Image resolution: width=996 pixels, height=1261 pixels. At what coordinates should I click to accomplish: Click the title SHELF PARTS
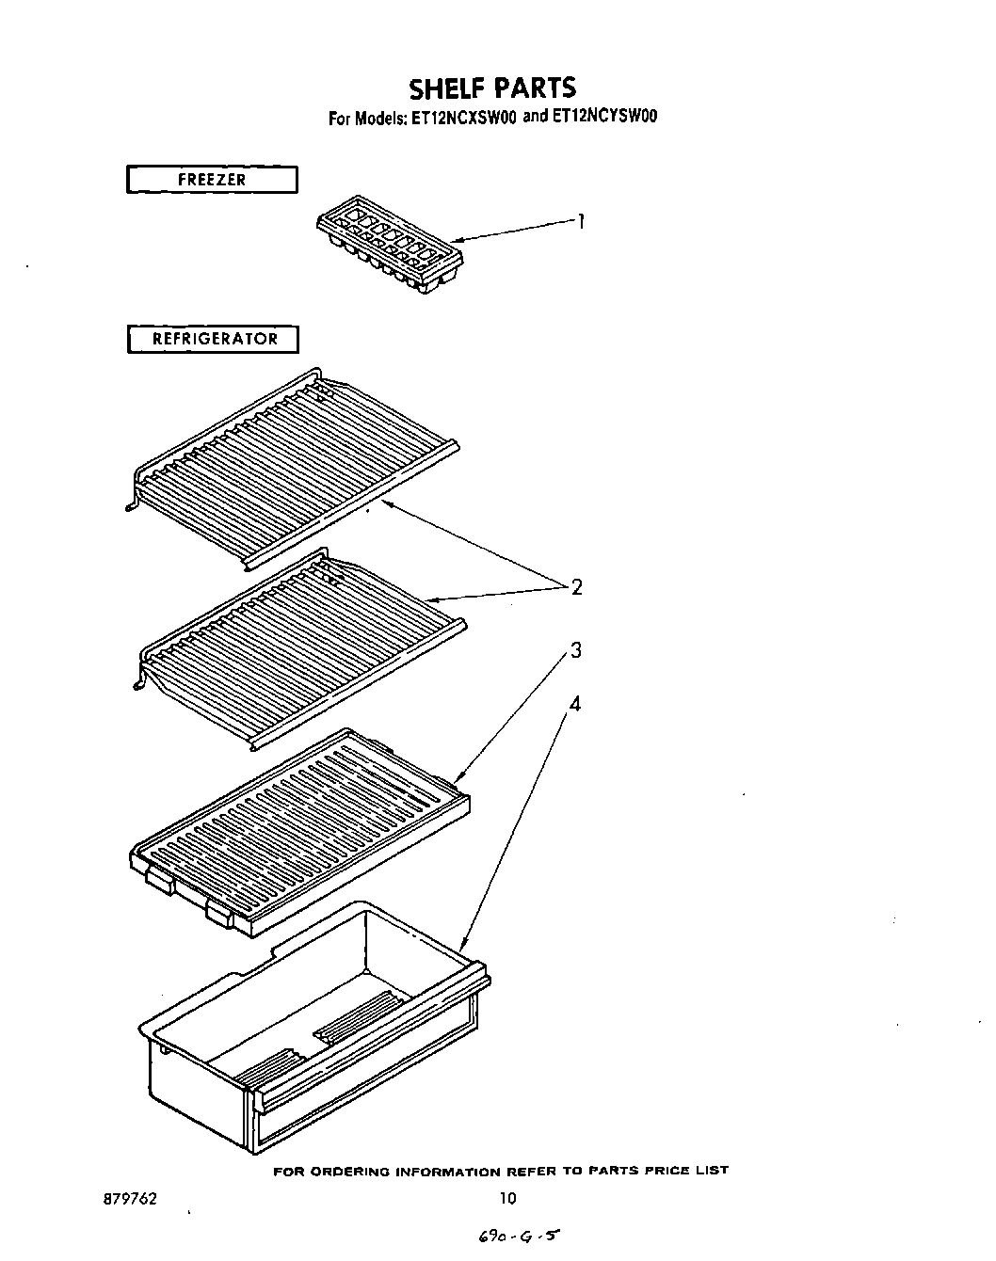pyautogui.click(x=491, y=88)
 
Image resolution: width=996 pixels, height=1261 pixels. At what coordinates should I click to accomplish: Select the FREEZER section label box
pyautogui.click(x=212, y=179)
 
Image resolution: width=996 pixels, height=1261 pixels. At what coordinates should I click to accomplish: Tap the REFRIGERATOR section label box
pyautogui.click(x=213, y=339)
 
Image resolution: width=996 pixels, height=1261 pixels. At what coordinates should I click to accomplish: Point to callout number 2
pyautogui.click(x=576, y=587)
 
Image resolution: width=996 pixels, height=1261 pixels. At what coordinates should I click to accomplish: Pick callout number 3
pyautogui.click(x=575, y=650)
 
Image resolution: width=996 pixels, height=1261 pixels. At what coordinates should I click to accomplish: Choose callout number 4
pyautogui.click(x=575, y=703)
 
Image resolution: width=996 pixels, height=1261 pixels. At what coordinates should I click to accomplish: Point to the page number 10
pyautogui.click(x=507, y=1199)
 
